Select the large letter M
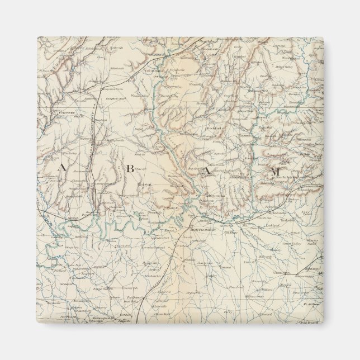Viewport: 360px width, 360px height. (273, 172)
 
